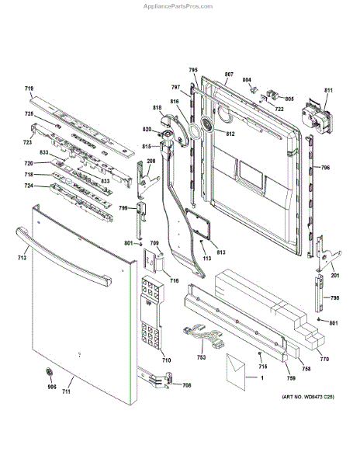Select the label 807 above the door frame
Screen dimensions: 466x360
[229, 75]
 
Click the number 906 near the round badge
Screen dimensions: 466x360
[52, 386]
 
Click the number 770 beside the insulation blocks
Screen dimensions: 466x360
[324, 359]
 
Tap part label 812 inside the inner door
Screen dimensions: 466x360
[230, 134]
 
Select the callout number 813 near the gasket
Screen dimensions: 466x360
[220, 252]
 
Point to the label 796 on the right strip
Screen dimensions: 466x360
[325, 168]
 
